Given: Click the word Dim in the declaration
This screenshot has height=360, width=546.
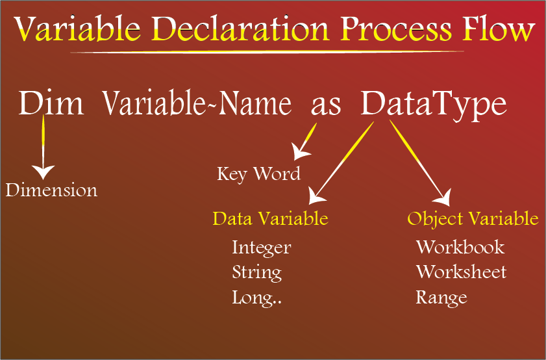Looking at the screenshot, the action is [51, 103].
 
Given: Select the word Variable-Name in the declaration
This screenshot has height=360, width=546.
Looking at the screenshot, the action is [197, 103].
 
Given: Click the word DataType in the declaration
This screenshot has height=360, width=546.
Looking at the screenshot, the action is [434, 105].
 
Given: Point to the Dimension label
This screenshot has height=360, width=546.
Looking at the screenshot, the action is [51, 190].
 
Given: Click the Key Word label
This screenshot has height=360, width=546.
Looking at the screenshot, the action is [259, 174].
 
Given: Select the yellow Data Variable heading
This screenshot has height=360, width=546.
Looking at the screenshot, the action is [271, 218].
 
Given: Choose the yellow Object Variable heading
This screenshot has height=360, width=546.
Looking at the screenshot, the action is [473, 219].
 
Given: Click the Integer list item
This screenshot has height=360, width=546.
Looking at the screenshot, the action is [262, 248].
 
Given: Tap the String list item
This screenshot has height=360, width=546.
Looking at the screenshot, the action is [257, 272].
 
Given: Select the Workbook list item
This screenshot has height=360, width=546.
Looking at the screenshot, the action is [460, 247].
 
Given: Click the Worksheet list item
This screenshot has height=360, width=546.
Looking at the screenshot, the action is [461, 272].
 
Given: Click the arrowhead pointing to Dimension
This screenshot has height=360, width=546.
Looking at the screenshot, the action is [43, 172].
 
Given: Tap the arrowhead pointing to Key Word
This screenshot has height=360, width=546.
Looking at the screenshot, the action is [299, 152].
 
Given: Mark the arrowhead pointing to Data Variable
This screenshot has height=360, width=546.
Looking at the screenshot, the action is [316, 196].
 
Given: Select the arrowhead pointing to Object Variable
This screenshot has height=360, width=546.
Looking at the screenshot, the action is [443, 198].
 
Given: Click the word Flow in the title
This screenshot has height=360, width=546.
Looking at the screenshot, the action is [499, 29].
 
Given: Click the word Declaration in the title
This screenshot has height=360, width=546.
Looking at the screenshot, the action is [240, 29].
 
